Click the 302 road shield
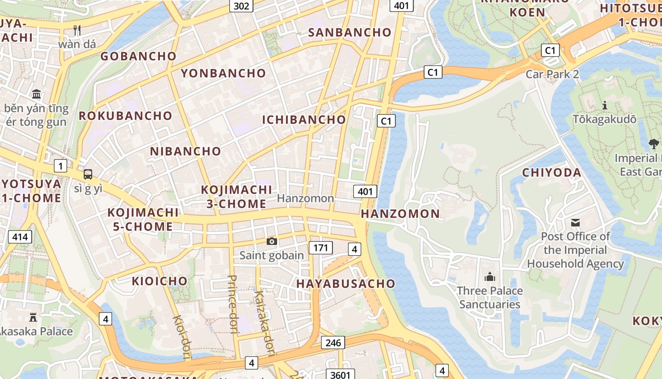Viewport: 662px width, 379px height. click(241, 5)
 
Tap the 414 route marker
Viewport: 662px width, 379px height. click(20, 236)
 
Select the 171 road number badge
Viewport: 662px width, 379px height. click(321, 247)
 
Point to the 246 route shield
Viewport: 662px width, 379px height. click(333, 343)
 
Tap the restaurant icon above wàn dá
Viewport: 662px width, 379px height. click(77, 30)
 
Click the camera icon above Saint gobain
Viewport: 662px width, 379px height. click(271, 242)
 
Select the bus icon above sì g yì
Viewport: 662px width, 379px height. click(88, 174)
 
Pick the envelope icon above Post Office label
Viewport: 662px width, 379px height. click(575, 222)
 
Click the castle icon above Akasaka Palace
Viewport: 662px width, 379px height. click(33, 317)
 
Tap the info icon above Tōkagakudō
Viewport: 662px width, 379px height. click(604, 105)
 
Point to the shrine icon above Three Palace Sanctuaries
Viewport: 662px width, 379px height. click(490, 277)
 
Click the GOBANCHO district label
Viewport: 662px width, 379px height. click(139, 56)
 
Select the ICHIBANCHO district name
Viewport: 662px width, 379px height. click(304, 119)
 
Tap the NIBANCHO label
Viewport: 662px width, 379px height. click(185, 152)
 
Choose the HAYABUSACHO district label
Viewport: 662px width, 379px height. click(345, 283)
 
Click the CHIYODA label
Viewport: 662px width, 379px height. click(551, 172)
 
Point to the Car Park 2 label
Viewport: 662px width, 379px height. click(552, 74)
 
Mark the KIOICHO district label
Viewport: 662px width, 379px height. click(159, 281)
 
